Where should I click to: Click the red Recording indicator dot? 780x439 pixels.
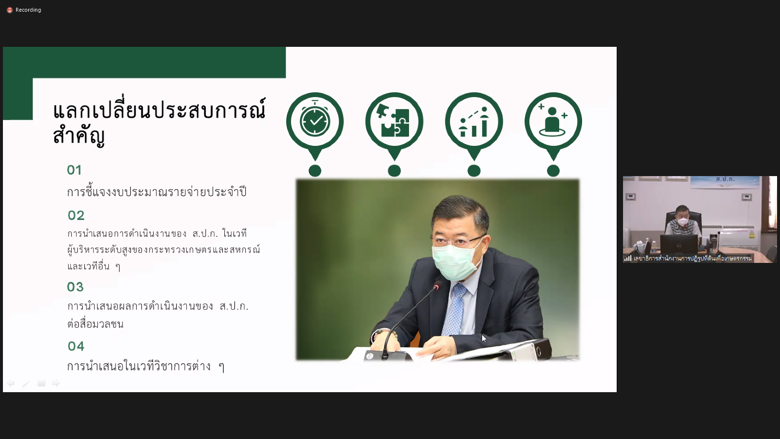click(10, 10)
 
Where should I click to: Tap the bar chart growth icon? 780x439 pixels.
click(474, 121)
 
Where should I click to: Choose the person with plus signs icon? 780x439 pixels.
click(553, 120)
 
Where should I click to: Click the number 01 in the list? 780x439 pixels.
click(74, 170)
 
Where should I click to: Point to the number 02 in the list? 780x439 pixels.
click(76, 215)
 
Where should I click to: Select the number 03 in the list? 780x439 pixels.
click(75, 287)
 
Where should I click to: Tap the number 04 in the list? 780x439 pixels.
click(76, 346)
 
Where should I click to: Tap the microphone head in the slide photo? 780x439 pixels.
click(437, 286)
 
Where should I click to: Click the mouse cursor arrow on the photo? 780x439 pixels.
click(484, 339)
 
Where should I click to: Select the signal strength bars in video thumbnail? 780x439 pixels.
click(627, 258)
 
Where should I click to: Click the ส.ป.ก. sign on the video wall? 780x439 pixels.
click(725, 179)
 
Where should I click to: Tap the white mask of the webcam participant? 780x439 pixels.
click(683, 222)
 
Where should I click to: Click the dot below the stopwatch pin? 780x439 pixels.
click(315, 171)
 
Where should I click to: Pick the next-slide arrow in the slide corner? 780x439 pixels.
click(56, 383)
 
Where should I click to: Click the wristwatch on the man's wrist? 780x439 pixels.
click(377, 334)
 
